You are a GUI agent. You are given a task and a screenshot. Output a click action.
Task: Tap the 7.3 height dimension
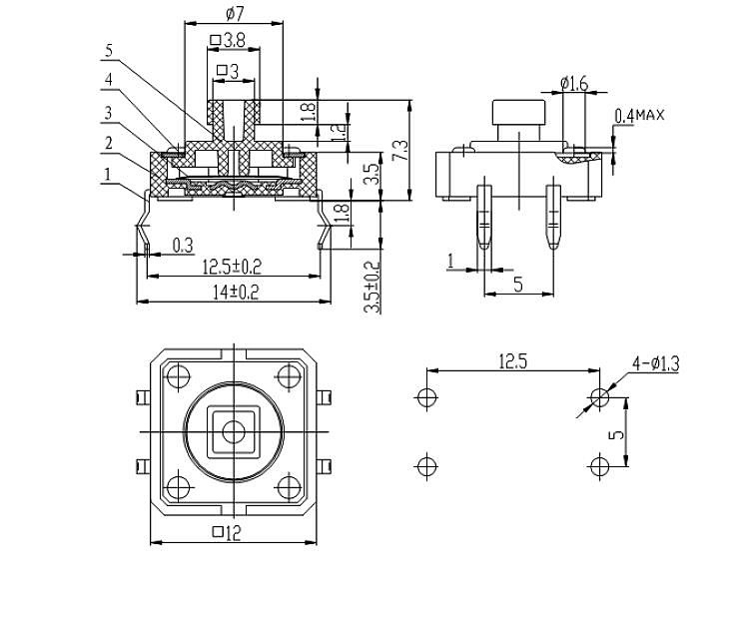400,150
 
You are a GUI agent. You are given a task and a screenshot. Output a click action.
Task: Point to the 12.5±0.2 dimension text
232,267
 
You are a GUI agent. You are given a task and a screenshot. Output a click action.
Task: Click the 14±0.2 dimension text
233,292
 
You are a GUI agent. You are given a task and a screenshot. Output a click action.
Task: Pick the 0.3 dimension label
183,244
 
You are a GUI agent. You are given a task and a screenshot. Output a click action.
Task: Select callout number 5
110,49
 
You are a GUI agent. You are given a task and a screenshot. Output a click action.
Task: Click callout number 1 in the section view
107,176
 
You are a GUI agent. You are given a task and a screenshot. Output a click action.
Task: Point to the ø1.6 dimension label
575,83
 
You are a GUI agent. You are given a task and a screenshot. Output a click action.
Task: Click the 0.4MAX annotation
639,116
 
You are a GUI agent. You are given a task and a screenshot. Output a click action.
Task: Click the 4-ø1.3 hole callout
654,364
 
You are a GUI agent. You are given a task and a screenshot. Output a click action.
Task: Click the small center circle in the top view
234,431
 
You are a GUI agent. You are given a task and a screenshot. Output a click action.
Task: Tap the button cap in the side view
516,114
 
